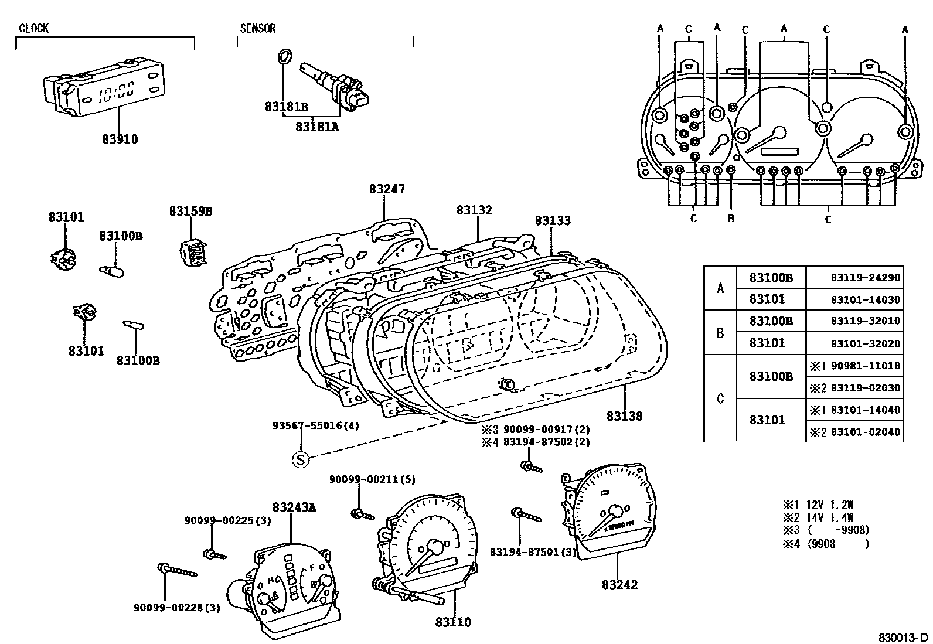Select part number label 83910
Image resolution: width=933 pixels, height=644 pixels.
[120, 139]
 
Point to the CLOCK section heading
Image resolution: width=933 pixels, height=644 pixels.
[33, 28]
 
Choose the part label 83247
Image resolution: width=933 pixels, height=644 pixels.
[387, 189]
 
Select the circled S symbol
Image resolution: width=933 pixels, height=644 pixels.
[300, 460]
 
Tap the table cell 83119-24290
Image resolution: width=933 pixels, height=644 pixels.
[865, 278]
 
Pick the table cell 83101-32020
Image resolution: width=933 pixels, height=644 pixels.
[865, 343]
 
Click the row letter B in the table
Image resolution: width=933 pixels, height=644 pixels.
[720, 333]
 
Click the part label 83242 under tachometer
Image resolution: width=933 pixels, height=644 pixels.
[619, 584]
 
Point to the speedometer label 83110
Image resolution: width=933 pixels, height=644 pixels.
[453, 622]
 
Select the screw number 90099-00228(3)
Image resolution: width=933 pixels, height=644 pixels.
[177, 608]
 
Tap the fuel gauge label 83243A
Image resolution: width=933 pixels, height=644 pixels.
[294, 507]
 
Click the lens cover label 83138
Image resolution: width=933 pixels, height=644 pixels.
[624, 416]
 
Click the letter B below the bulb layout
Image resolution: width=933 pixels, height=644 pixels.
[730, 219]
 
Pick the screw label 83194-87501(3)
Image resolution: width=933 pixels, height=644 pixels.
[533, 552]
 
